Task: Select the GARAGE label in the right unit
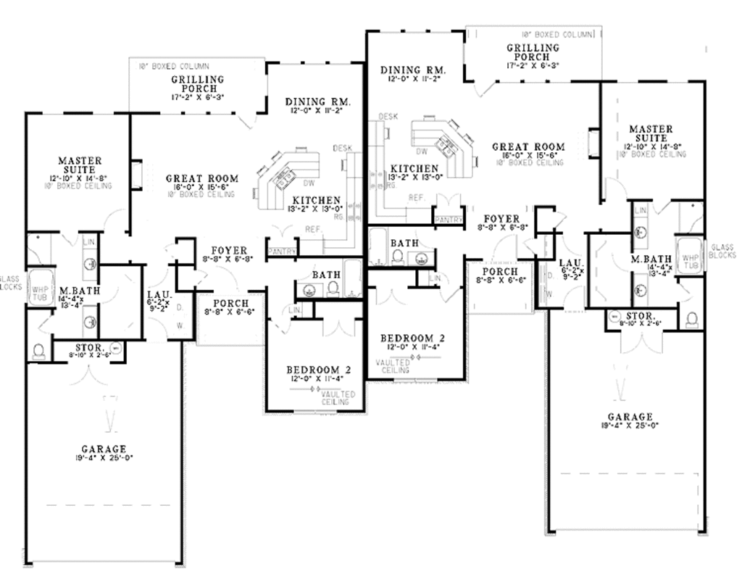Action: point(630,417)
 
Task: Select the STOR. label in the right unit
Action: point(642,317)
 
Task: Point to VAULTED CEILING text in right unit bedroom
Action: point(392,366)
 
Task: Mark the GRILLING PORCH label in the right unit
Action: point(533,52)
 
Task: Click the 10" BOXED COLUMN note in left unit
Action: point(174,66)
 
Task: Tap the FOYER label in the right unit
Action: point(501,218)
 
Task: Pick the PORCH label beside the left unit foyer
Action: point(230,303)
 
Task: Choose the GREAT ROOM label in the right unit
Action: point(528,147)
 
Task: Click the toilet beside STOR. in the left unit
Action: point(39,351)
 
